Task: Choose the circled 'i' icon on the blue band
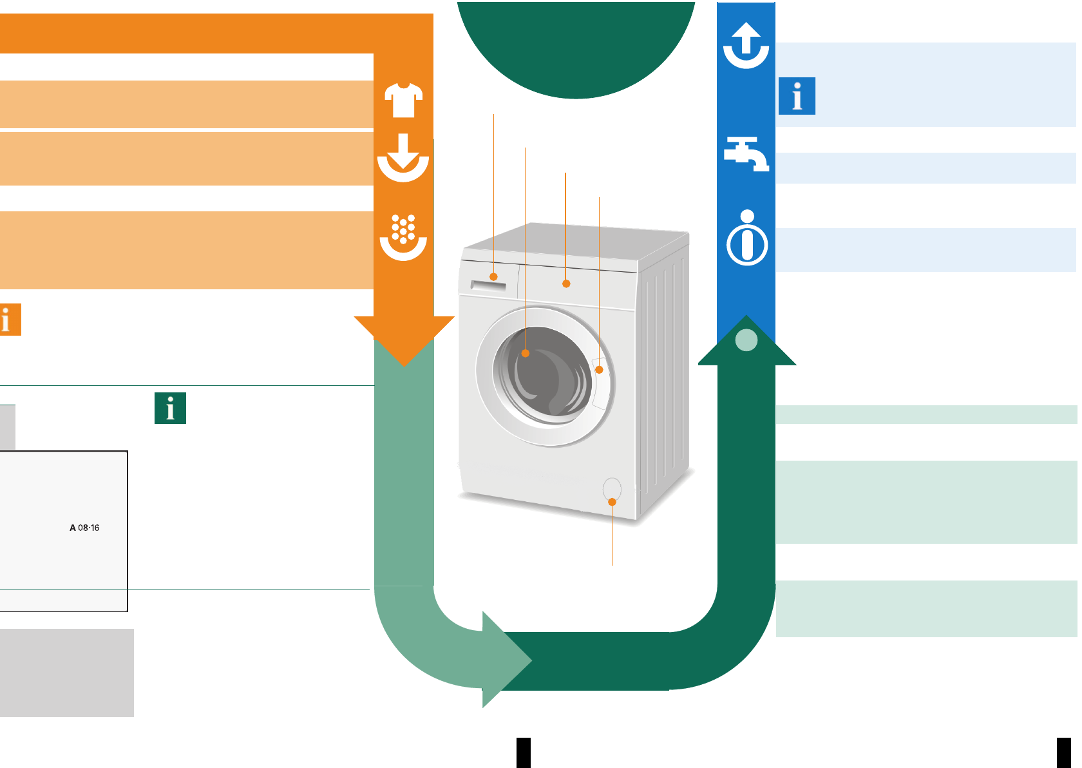tap(747, 238)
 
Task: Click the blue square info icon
tap(797, 96)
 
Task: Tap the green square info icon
tap(170, 408)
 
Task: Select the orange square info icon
tap(9, 320)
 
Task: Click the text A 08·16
tap(84, 528)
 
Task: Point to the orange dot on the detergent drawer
tap(494, 277)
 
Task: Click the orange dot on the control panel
tap(566, 283)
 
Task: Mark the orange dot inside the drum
tap(526, 353)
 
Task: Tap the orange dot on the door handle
tap(599, 370)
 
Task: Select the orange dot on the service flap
tap(612, 502)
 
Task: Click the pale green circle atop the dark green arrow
tap(746, 340)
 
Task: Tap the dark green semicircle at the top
tap(576, 45)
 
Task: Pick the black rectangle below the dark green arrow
tap(524, 753)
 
